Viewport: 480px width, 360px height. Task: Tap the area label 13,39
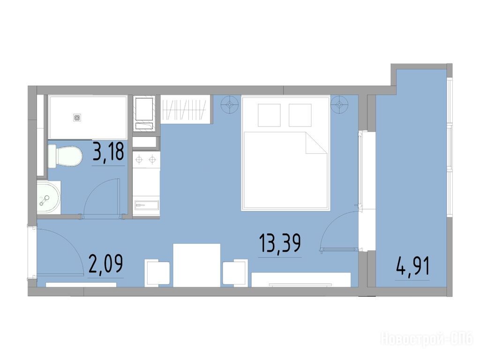pos(280,243)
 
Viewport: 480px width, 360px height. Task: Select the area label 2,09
pos(105,264)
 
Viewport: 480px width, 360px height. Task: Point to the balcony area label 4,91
pos(412,266)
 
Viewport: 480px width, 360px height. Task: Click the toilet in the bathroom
pos(65,156)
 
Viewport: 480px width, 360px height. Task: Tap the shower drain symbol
pos(77,117)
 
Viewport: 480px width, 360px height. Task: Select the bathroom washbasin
pos(49,197)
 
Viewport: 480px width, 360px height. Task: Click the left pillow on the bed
pos(269,115)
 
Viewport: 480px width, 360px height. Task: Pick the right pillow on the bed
pos(300,115)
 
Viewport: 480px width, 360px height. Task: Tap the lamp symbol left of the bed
pos(230,105)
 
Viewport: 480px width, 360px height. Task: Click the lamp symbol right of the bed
pos(339,105)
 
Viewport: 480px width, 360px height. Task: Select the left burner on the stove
pos(139,159)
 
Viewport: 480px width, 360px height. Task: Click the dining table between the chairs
pos(197,265)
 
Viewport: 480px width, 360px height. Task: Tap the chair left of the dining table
pos(157,272)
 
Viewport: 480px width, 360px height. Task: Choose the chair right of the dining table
pos(235,272)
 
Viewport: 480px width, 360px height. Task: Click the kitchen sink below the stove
pos(146,205)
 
